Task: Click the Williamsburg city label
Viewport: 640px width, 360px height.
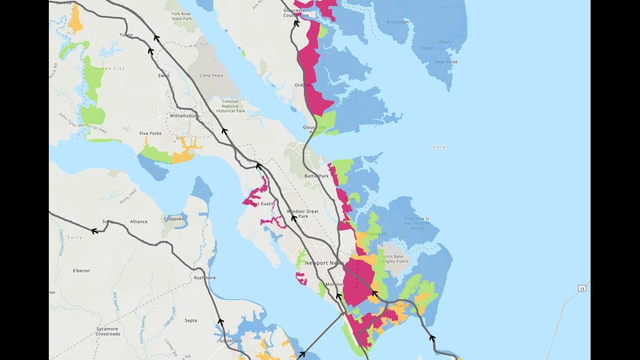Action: (184, 116)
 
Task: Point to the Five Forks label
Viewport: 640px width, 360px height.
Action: (150, 134)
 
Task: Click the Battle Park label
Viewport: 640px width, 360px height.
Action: (317, 176)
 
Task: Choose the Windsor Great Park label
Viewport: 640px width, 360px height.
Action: (303, 214)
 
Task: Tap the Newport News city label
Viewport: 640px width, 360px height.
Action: (323, 263)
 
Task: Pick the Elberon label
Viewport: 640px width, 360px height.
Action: (81, 271)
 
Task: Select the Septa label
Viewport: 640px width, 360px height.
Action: (191, 321)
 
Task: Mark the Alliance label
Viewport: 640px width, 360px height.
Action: (139, 222)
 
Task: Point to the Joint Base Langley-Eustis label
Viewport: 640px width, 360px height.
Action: (396, 259)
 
